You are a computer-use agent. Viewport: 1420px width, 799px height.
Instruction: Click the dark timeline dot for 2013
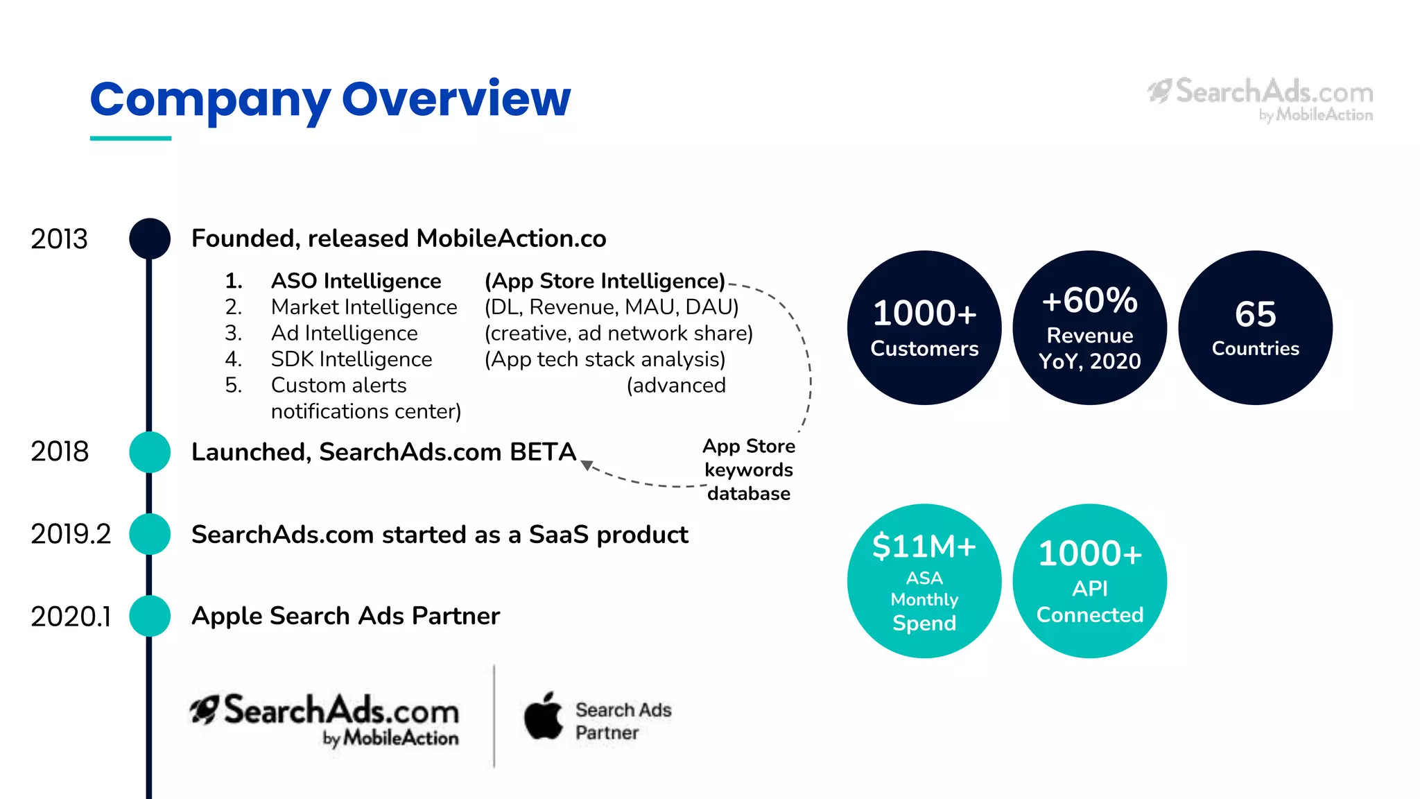(x=150, y=239)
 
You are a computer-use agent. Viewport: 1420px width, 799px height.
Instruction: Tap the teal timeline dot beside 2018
(x=150, y=452)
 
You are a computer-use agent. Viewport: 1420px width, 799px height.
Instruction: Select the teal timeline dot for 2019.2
(x=150, y=534)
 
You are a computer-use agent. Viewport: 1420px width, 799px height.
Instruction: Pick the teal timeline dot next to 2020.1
(x=150, y=616)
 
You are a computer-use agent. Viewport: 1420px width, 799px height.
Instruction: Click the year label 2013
(x=59, y=239)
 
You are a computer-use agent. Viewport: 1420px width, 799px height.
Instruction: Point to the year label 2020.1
(x=71, y=617)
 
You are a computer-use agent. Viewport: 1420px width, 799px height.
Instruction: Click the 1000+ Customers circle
(x=924, y=327)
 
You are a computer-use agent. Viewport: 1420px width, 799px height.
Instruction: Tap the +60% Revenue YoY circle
(x=1089, y=327)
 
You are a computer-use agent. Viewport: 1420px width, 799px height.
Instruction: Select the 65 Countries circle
(x=1255, y=327)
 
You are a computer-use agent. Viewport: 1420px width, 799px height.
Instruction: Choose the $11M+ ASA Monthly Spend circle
(x=924, y=581)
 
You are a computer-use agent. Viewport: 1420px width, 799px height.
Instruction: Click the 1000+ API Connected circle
(x=1089, y=581)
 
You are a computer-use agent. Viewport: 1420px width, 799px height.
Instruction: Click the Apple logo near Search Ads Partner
(x=543, y=716)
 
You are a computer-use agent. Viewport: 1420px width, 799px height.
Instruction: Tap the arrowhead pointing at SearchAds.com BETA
(x=587, y=465)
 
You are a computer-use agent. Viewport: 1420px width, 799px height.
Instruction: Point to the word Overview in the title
(x=456, y=98)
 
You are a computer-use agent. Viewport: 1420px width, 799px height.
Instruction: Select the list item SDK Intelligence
(x=351, y=359)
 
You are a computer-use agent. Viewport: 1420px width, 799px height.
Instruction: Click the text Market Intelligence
(x=364, y=307)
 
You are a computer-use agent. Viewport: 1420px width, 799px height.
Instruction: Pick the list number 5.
(x=234, y=385)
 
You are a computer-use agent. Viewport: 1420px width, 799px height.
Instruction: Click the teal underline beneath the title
(x=130, y=138)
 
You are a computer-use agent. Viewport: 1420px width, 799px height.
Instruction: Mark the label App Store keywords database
(x=749, y=470)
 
